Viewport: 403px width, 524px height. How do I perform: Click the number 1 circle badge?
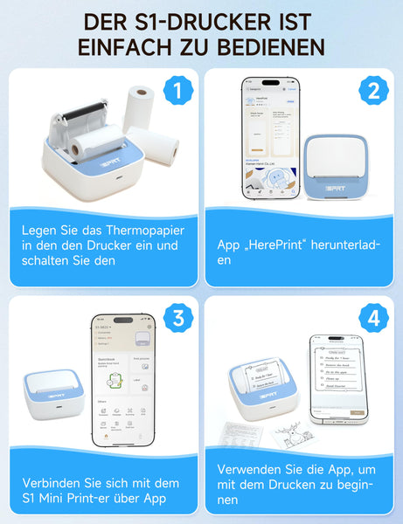coord(178,90)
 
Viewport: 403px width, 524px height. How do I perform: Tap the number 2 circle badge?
coord(373,90)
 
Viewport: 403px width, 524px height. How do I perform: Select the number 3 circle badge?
coord(178,319)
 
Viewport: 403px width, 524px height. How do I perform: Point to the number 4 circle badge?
coord(373,319)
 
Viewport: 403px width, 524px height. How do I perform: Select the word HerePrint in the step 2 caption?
coord(278,245)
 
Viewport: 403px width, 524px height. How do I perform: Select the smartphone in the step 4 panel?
coord(337,378)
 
